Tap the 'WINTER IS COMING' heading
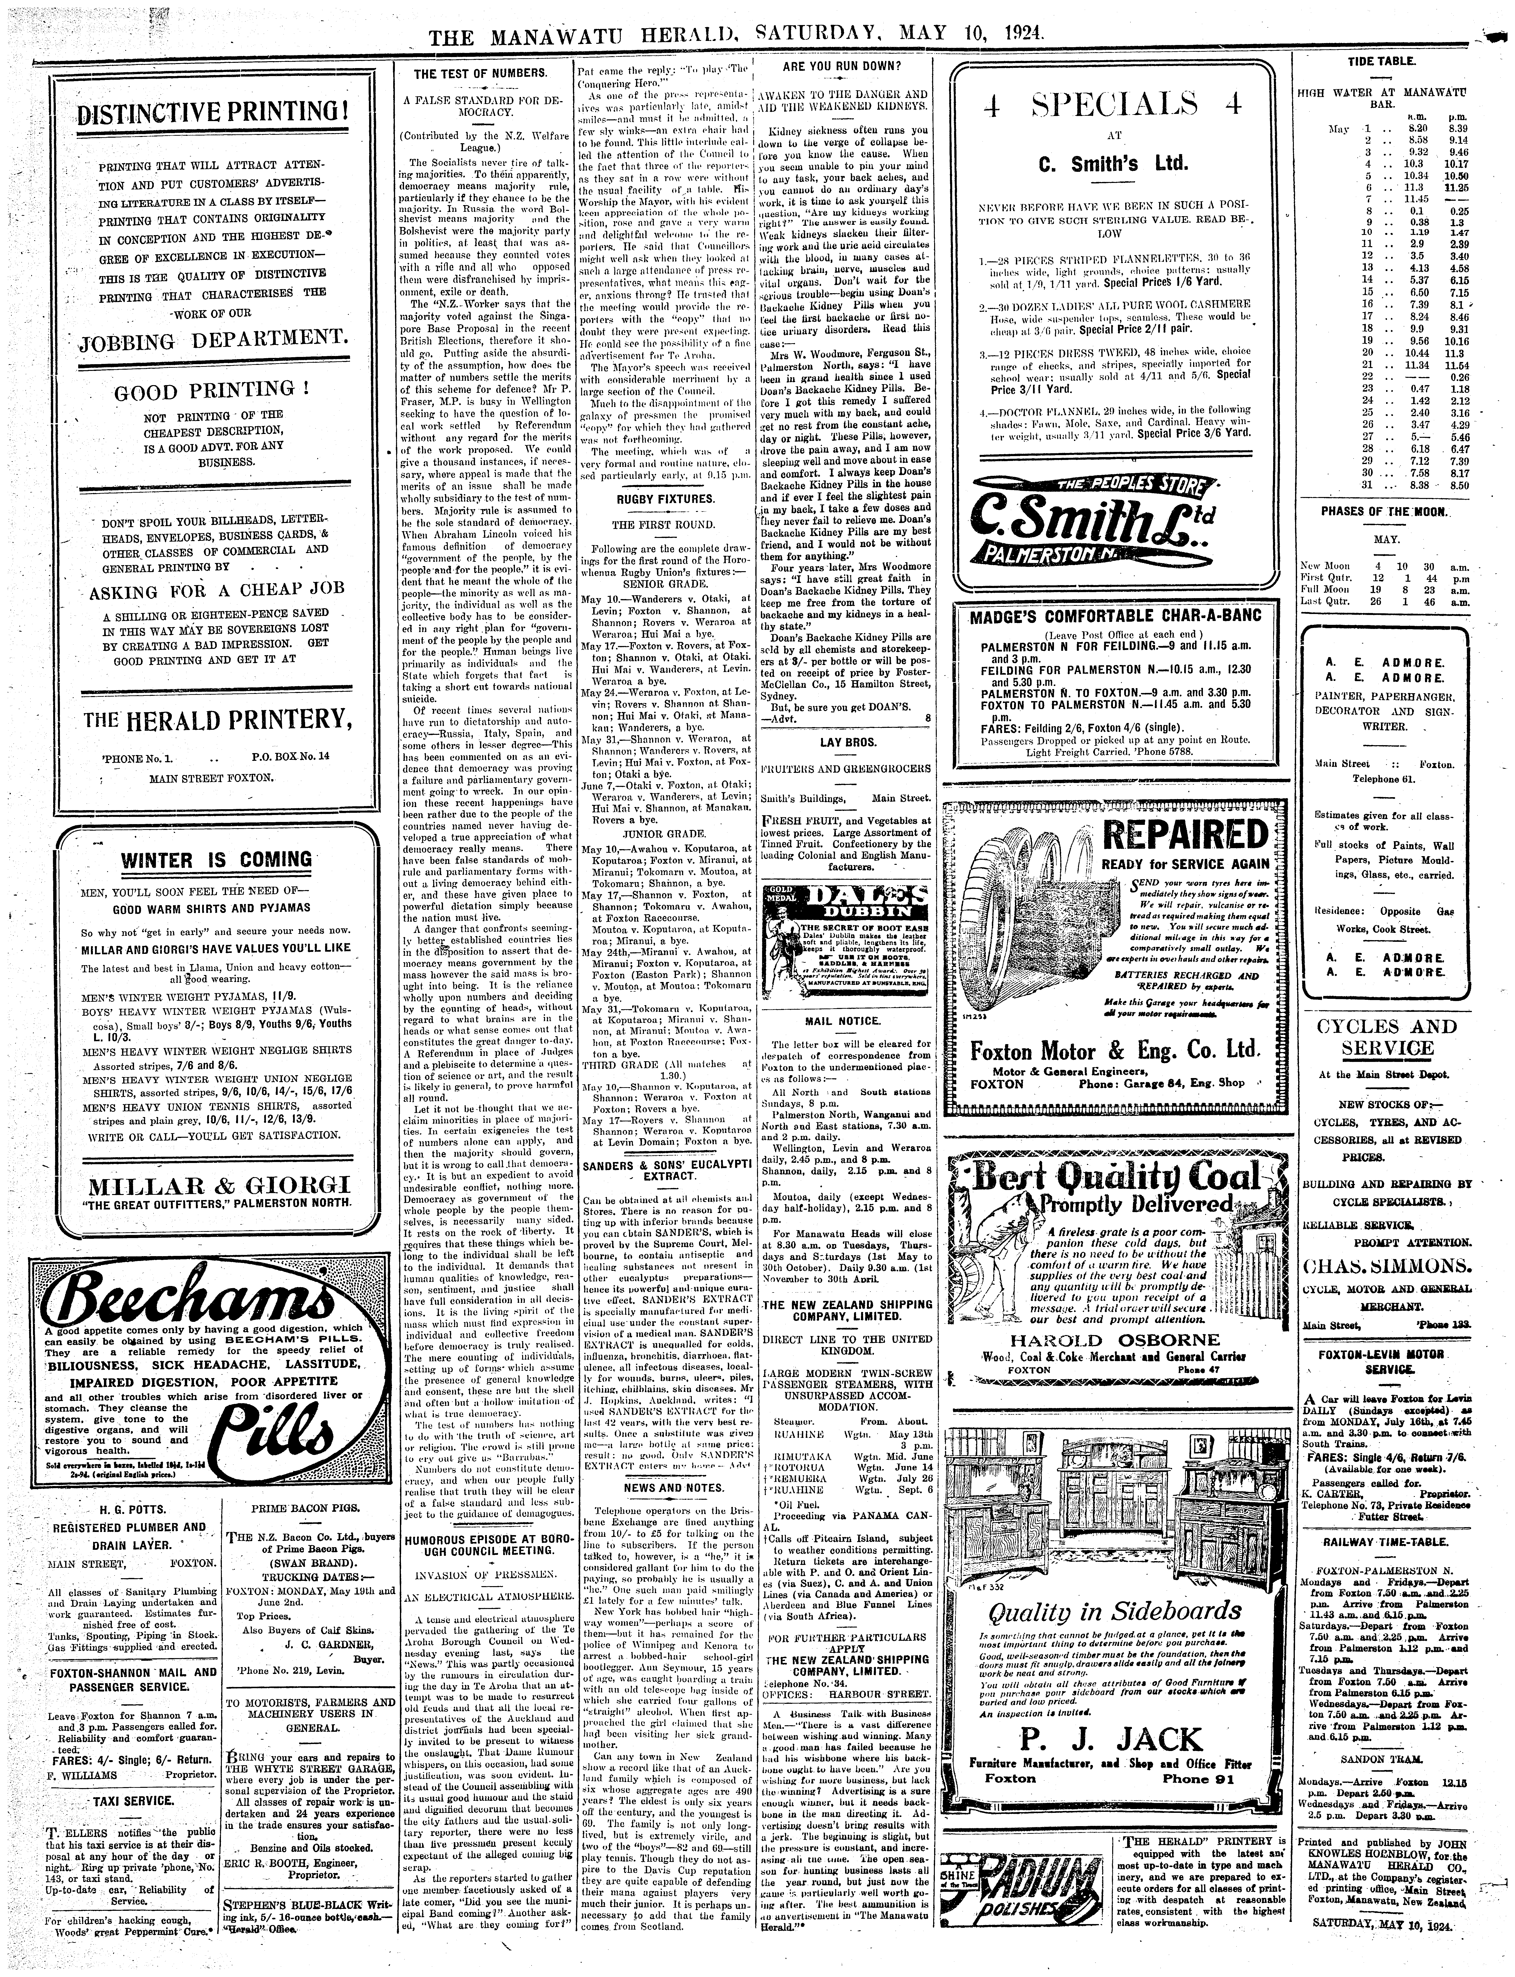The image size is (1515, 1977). [x=217, y=859]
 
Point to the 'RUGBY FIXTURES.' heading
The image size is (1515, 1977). [x=665, y=499]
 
